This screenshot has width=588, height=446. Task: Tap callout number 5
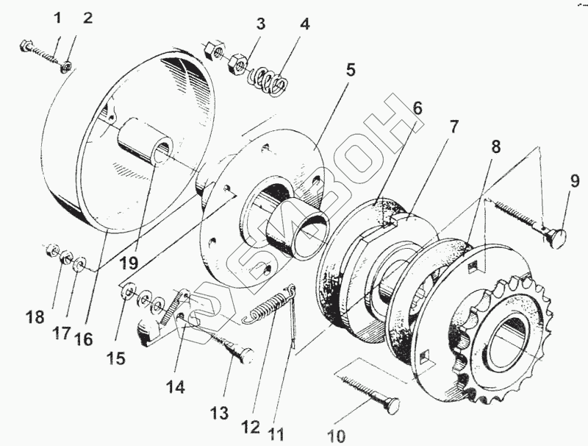350,71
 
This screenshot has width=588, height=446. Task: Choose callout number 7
454,127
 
